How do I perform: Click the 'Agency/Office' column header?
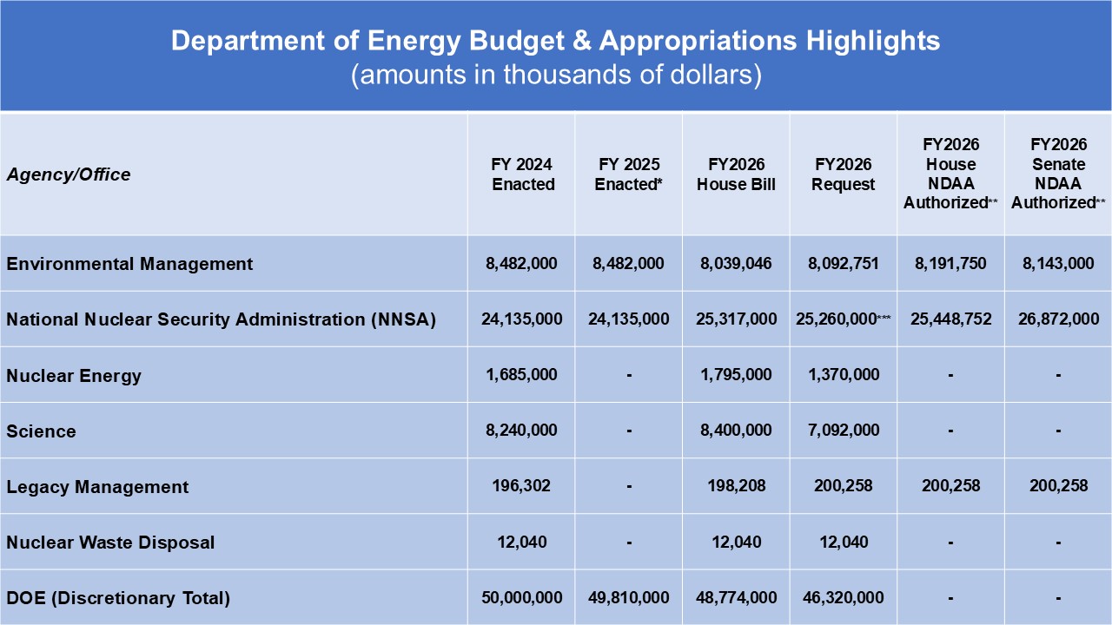click(69, 175)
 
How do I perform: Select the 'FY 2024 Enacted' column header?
click(522, 174)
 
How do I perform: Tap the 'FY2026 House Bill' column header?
click(736, 174)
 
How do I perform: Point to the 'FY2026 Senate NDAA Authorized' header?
click(1058, 174)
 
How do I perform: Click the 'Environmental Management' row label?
click(129, 263)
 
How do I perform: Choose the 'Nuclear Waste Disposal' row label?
click(110, 543)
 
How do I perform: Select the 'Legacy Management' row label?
click(97, 487)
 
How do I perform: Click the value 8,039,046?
click(736, 263)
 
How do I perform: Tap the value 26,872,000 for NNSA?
click(1058, 319)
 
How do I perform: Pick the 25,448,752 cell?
click(950, 319)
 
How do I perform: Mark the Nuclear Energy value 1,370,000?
click(844, 374)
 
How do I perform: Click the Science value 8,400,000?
click(736, 430)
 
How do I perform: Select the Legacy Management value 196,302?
click(521, 485)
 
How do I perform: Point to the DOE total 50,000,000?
click(522, 598)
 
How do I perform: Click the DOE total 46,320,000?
click(844, 598)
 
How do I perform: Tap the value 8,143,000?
click(1058, 263)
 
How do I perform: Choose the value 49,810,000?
click(629, 598)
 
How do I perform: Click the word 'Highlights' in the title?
click(873, 41)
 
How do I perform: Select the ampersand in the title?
click(582, 41)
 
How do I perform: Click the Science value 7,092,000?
click(844, 430)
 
